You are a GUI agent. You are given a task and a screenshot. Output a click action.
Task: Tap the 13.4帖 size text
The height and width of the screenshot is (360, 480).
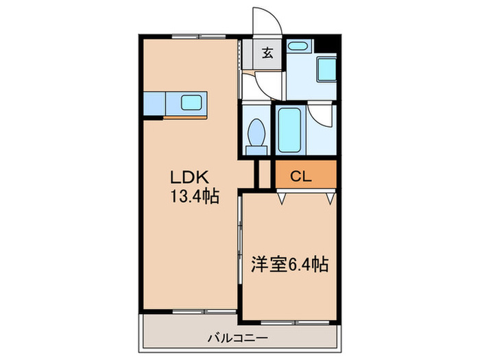[x=195, y=197]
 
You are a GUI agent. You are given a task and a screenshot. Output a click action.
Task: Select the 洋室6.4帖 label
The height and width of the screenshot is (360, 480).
[x=288, y=264]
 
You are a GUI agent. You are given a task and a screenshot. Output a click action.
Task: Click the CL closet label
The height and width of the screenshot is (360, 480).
[x=300, y=176]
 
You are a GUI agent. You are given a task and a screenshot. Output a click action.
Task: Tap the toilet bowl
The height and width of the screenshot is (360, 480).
[x=258, y=130]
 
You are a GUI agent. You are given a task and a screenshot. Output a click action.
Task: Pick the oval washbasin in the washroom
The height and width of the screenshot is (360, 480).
[x=297, y=47]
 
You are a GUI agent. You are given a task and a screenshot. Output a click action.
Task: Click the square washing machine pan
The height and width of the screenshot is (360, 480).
[x=326, y=69]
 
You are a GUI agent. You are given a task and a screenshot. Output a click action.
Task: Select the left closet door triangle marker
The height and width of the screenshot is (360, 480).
[x=281, y=198]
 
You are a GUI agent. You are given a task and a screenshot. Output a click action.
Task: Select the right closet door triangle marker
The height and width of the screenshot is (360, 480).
[x=331, y=198]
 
